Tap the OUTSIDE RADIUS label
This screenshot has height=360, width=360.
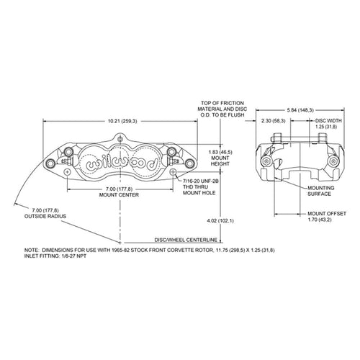pos(45,216)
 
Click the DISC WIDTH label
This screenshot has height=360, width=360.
pos(328,121)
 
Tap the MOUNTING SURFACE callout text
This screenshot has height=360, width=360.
pos(321,191)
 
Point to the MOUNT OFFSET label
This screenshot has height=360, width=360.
pos(327,214)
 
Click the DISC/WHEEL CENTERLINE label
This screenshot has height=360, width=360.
pos(186,240)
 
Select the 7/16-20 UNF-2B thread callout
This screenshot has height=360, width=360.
pos(201,181)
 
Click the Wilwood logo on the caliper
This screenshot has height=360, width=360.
pos(122,162)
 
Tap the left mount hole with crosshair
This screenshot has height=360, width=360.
pos(68,172)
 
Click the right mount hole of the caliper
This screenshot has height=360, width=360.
pos(173,172)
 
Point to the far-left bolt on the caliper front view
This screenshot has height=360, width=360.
pos(50,163)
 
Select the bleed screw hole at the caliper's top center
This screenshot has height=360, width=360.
pos(120,138)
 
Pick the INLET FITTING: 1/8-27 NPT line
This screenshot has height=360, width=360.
pos(55,256)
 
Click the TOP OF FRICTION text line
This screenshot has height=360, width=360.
pos(222,103)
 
